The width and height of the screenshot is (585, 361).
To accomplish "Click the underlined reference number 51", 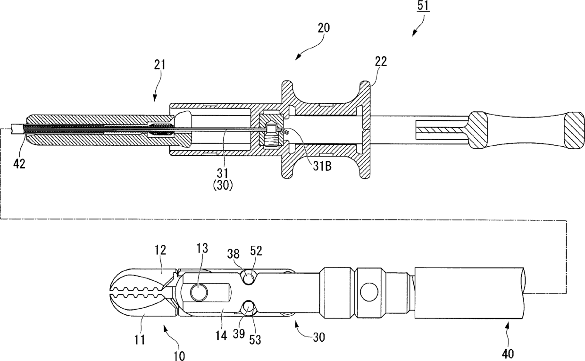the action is pos(423,6).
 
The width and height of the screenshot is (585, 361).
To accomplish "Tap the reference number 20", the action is pos(324,28).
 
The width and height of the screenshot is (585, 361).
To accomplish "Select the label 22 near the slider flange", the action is pos(381,61).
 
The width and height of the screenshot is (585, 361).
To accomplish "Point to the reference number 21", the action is pos(159,65).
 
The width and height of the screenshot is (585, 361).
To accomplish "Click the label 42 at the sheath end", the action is pos(19,164).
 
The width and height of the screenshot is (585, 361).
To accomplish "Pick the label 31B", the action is pos(322,166).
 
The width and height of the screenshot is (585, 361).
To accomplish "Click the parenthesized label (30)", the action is pos(223,185).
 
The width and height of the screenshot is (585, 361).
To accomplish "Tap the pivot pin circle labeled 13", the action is pos(199,292).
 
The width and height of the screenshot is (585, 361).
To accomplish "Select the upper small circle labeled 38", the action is pos(249,277).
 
